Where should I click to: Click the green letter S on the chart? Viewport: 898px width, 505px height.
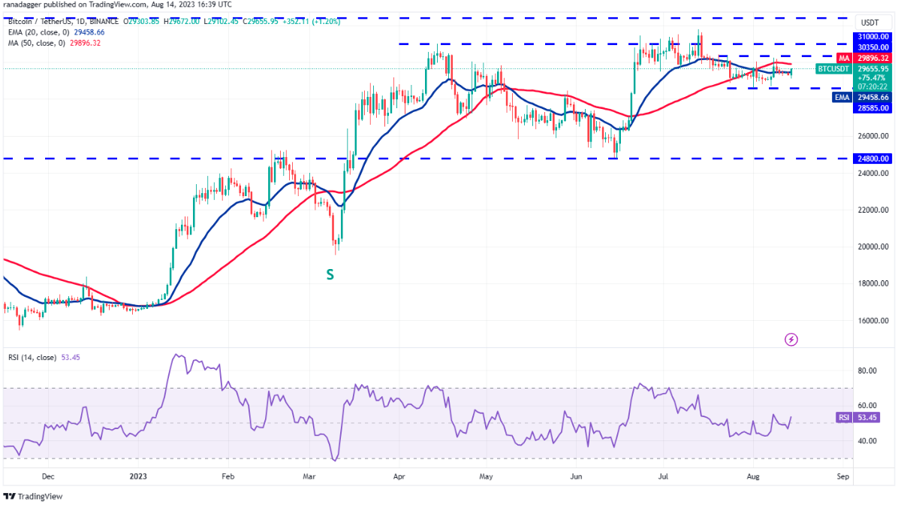[x=330, y=275]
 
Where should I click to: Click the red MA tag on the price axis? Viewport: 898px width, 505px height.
[x=844, y=58]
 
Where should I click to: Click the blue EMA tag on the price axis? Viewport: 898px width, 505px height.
[x=842, y=97]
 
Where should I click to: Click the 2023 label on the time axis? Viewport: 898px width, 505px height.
[x=137, y=476]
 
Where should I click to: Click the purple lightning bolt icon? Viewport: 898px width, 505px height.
[x=791, y=340]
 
